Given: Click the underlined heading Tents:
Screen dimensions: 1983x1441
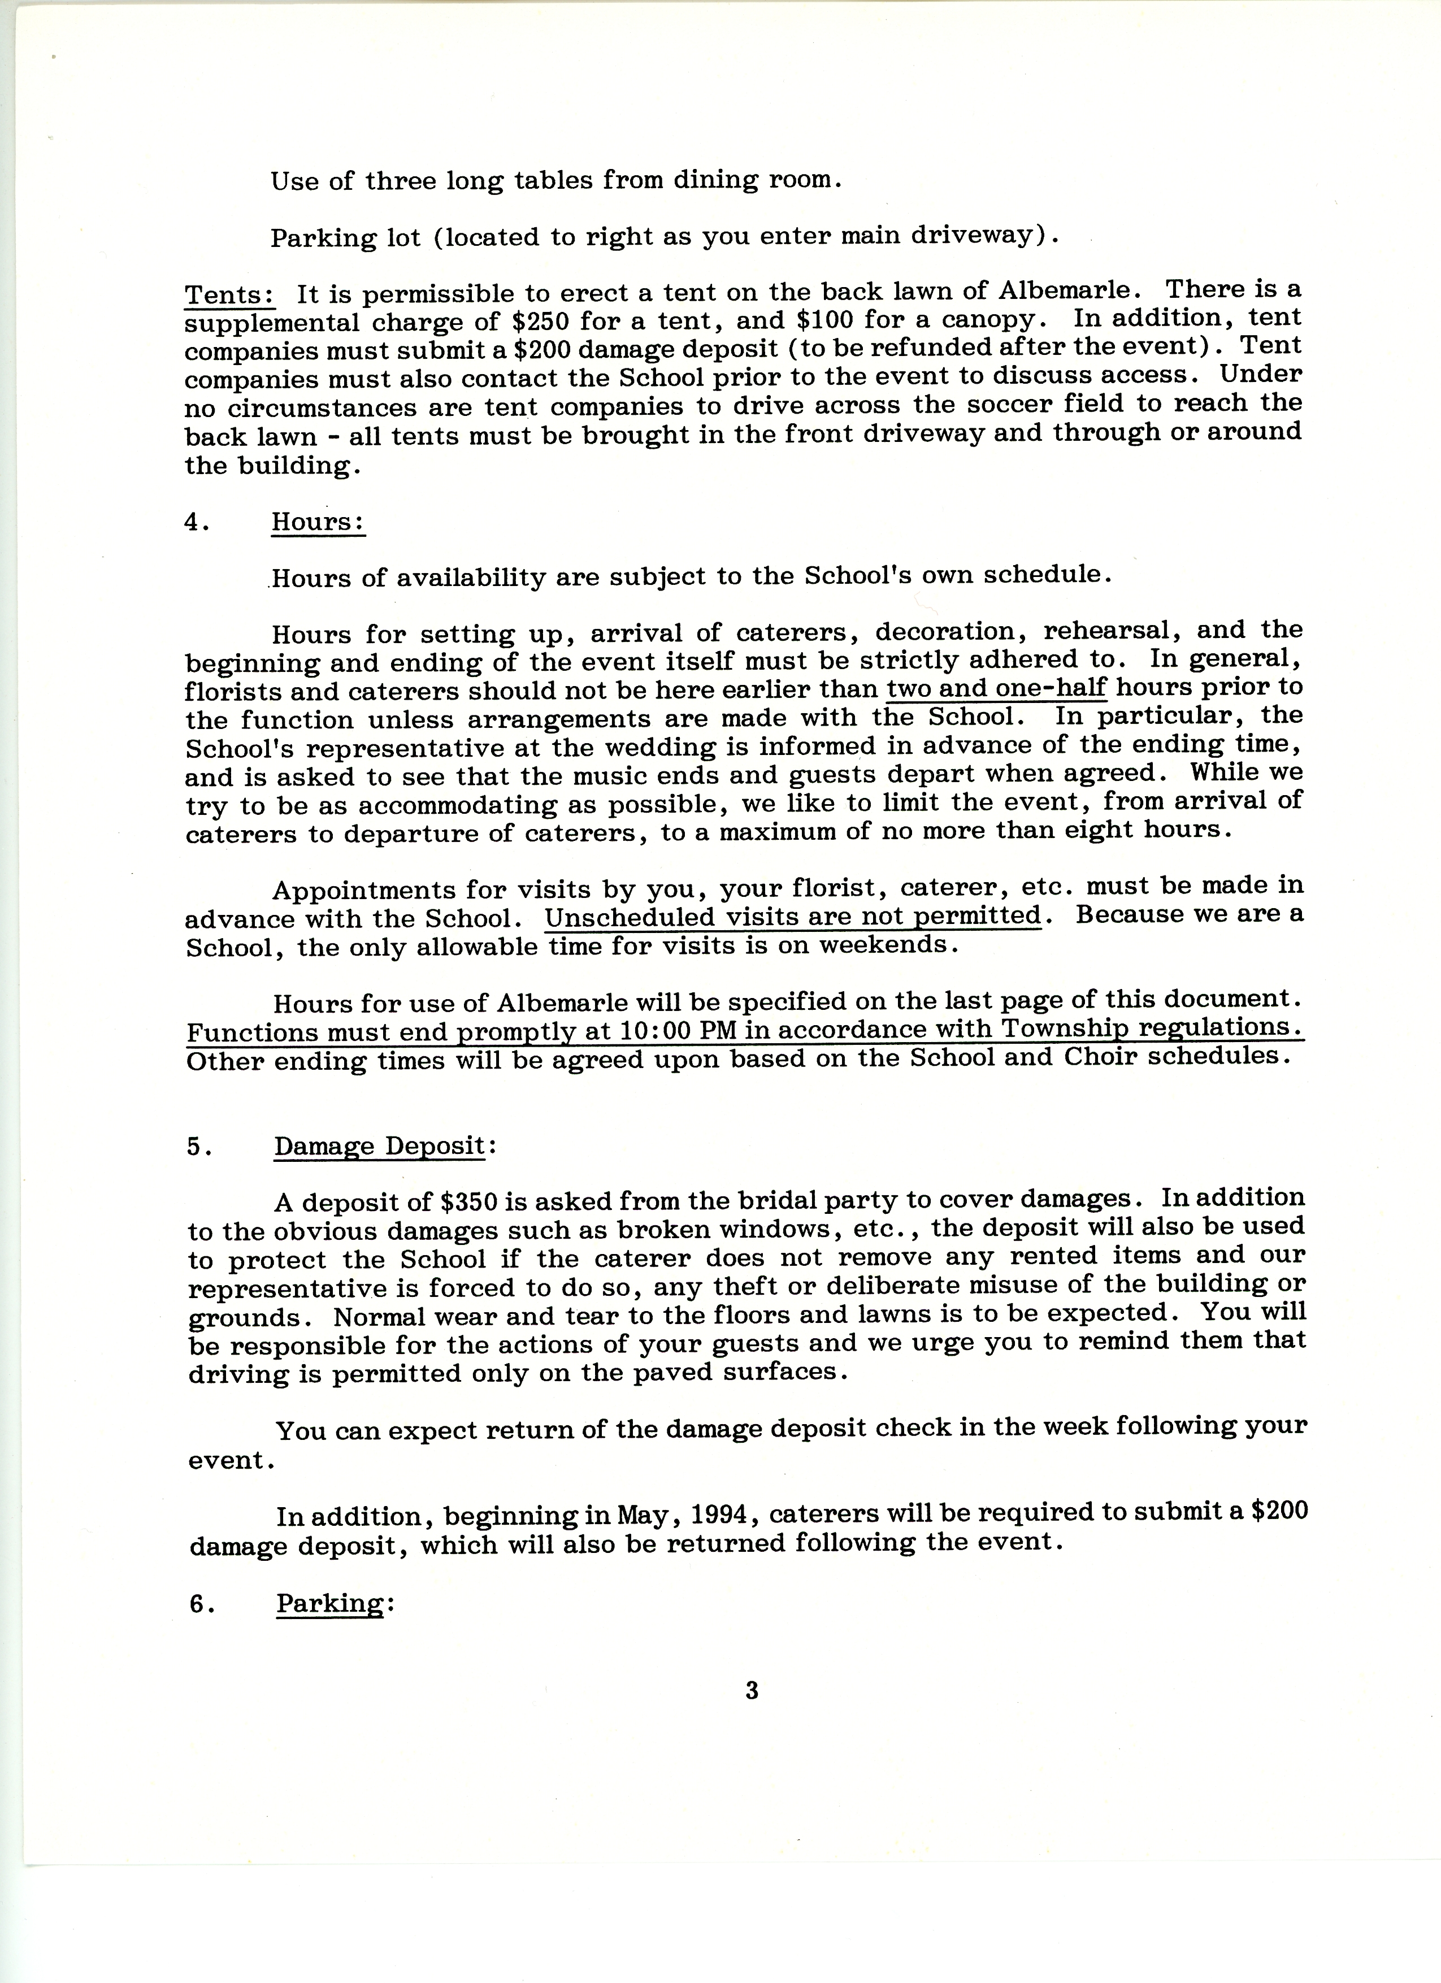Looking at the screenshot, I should click(229, 294).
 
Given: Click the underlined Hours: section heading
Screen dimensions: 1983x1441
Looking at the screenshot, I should click(318, 522).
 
